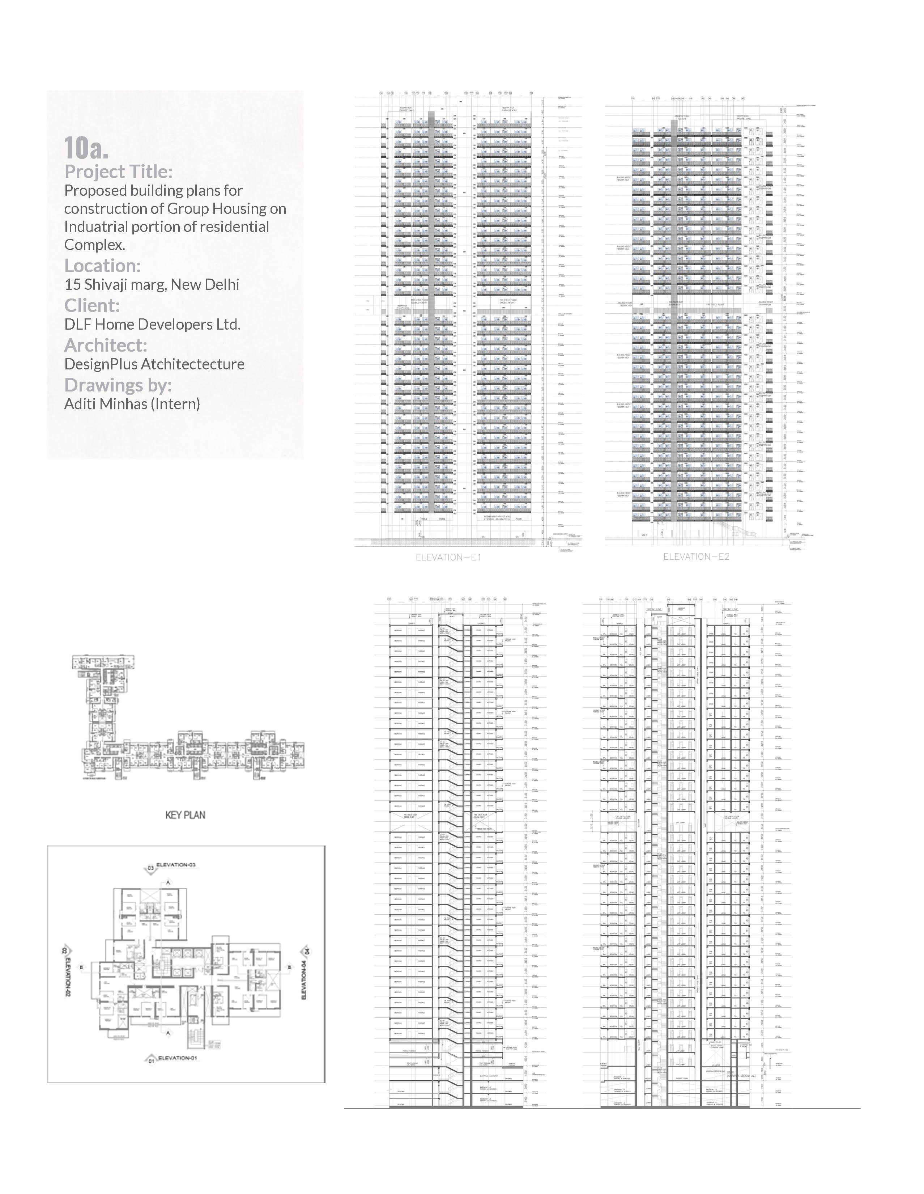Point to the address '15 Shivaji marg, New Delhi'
(152, 285)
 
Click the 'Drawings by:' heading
(118, 385)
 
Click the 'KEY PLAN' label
(185, 815)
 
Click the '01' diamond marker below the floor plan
(152, 1060)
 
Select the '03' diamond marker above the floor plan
(150, 868)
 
